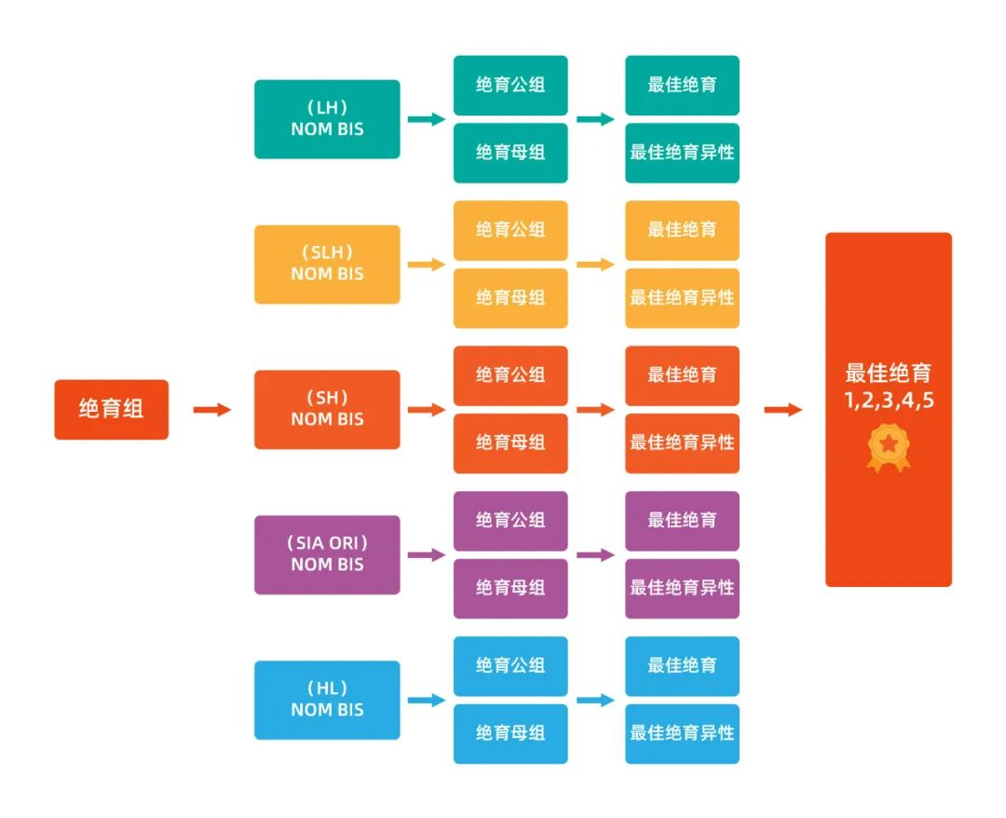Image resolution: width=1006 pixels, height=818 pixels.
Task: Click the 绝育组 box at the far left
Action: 111,409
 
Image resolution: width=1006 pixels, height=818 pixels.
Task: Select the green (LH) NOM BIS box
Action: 327,118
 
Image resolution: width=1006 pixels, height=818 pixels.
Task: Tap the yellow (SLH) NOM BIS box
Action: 327,264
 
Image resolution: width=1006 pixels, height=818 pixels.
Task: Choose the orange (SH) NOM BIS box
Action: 327,409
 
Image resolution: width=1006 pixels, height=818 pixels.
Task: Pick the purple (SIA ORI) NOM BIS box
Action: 327,554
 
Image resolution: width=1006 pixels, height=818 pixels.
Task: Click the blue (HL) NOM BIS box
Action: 327,700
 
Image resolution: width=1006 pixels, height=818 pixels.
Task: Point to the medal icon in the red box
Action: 888,448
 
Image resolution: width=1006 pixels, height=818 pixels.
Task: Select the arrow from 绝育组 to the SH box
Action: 211,409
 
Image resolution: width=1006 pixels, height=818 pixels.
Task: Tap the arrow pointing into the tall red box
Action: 782,409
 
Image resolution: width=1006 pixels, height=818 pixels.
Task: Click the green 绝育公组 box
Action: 510,85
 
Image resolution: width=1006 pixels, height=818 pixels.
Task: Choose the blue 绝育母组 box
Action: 510,733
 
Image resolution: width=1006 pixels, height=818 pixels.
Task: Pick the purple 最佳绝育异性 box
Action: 682,588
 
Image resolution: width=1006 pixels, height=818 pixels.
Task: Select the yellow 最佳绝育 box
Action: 682,230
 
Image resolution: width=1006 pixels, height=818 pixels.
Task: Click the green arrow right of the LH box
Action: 427,119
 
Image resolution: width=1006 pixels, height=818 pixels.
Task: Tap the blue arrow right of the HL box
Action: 427,701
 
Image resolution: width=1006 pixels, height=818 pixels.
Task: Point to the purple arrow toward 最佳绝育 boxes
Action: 595,555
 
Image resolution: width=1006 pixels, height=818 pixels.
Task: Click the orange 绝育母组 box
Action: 510,443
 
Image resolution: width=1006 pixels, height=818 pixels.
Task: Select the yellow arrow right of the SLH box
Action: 427,265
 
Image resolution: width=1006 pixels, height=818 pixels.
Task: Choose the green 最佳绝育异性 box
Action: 682,152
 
